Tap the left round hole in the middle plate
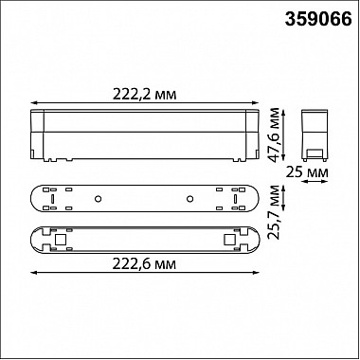98,198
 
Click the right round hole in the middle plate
189,198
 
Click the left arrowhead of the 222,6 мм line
35,273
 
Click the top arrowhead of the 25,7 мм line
285,185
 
